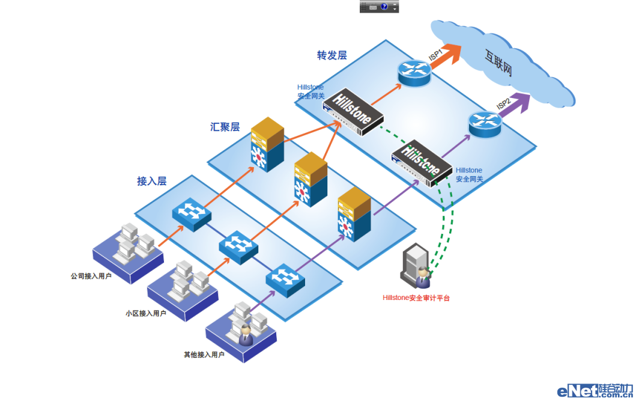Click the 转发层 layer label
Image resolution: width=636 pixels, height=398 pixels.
tap(332, 55)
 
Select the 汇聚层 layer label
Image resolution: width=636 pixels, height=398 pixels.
tap(225, 127)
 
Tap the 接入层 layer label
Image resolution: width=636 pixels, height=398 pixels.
tap(151, 181)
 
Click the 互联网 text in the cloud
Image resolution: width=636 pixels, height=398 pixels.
tap(498, 63)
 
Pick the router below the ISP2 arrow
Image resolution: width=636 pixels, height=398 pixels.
tap(485, 123)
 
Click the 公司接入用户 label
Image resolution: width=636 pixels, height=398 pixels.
tap(91, 277)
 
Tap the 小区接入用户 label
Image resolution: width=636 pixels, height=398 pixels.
tap(145, 313)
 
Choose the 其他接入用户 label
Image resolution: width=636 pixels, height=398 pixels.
tap(204, 355)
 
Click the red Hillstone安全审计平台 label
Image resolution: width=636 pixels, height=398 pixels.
tap(416, 298)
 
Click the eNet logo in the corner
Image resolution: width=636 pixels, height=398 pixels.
tap(595, 390)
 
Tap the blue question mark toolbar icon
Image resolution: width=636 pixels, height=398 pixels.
tap(384, 7)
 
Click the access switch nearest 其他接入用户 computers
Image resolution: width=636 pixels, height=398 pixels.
tap(285, 278)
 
